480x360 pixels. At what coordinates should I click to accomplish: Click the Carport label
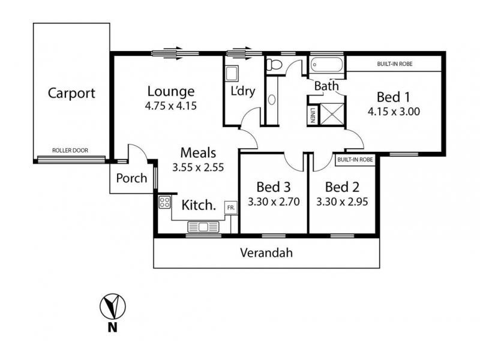(71, 93)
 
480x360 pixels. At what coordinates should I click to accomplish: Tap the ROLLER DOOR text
(70, 151)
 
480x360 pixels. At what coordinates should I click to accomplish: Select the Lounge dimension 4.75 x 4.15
(171, 106)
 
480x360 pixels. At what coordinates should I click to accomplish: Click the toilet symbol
(274, 65)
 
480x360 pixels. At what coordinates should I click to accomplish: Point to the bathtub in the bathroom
(326, 65)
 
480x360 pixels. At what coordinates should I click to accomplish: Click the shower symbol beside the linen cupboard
(332, 115)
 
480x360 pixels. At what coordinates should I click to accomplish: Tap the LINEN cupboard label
(313, 115)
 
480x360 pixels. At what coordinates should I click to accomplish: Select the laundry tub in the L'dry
(232, 73)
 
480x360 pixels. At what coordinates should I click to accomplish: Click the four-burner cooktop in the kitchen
(164, 202)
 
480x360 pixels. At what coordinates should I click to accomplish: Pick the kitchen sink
(203, 227)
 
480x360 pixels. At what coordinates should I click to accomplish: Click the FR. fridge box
(231, 208)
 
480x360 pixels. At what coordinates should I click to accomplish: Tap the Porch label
(131, 178)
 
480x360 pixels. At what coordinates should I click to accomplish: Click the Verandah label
(266, 253)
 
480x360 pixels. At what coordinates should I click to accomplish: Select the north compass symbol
(113, 307)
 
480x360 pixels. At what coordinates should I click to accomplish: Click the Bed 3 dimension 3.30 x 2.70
(274, 202)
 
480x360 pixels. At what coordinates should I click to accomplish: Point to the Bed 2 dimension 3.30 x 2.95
(342, 202)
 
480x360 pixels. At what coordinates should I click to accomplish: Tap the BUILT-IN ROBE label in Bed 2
(355, 160)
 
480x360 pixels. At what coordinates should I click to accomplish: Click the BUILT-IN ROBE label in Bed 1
(395, 64)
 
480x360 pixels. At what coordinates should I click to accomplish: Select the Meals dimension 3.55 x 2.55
(198, 167)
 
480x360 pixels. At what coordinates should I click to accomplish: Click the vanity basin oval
(272, 100)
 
